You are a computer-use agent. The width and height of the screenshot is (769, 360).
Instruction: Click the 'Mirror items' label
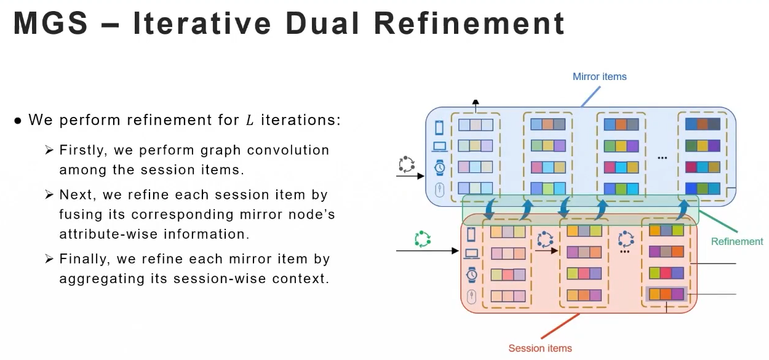599,77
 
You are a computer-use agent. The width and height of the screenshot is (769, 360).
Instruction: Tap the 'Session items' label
540,348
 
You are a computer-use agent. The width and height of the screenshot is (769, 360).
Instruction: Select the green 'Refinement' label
736,242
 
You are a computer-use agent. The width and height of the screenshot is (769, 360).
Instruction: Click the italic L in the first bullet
249,120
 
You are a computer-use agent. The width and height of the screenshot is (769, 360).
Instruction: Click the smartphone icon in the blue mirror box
439,127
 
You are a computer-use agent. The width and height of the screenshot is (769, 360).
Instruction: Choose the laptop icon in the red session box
472,254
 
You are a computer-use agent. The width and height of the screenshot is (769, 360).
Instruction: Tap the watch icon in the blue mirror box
439,168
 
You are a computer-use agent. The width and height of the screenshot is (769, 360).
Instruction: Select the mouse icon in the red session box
472,298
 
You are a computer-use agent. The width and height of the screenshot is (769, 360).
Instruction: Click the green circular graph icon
422,239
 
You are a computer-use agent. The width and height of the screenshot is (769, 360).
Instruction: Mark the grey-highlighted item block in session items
666,294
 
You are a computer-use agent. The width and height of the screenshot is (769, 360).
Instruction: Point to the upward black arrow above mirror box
475,105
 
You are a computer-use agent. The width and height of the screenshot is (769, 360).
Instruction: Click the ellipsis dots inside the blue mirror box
662,158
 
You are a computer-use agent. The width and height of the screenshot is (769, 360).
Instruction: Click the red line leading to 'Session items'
560,326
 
